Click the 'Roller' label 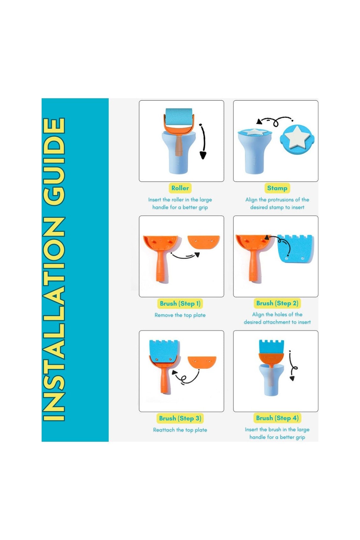180,188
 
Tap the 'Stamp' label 277,188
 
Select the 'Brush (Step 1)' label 180,303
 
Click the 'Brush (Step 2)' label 277,303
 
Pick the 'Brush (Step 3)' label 180,418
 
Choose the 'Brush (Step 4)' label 277,418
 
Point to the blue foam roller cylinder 179,116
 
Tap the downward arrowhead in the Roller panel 203,155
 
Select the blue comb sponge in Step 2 296,248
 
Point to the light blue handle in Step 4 271,380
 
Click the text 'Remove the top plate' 180,315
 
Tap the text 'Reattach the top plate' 180,430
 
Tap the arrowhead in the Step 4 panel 292,378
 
